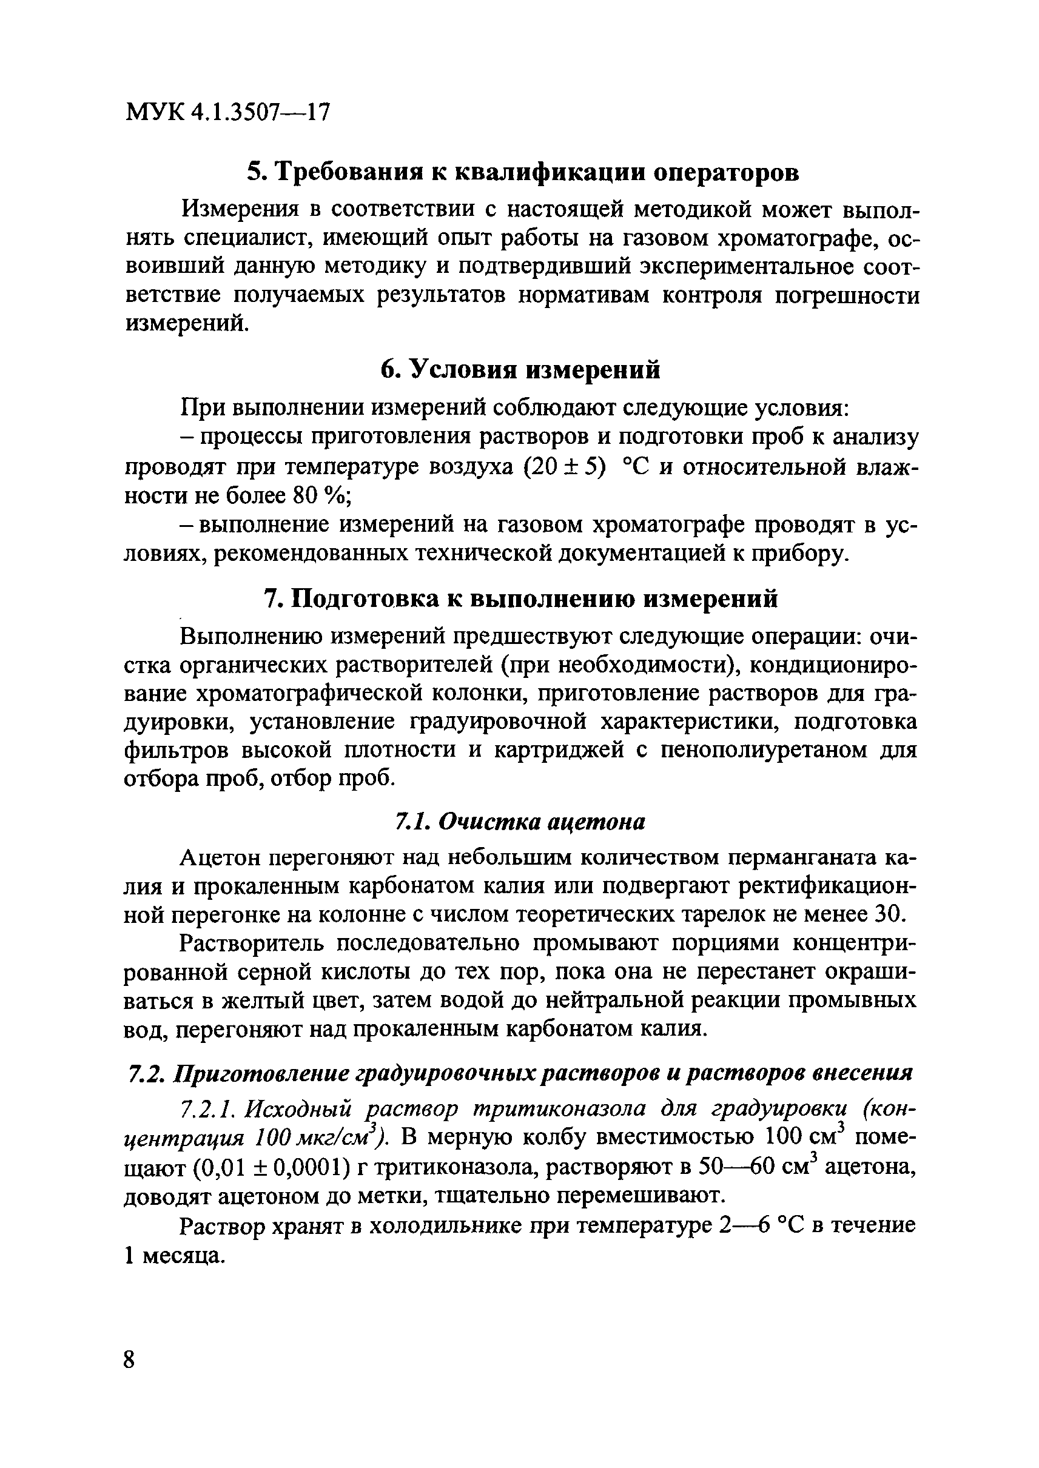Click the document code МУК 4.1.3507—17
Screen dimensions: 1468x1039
(227, 113)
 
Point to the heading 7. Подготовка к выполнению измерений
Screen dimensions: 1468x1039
(521, 598)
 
